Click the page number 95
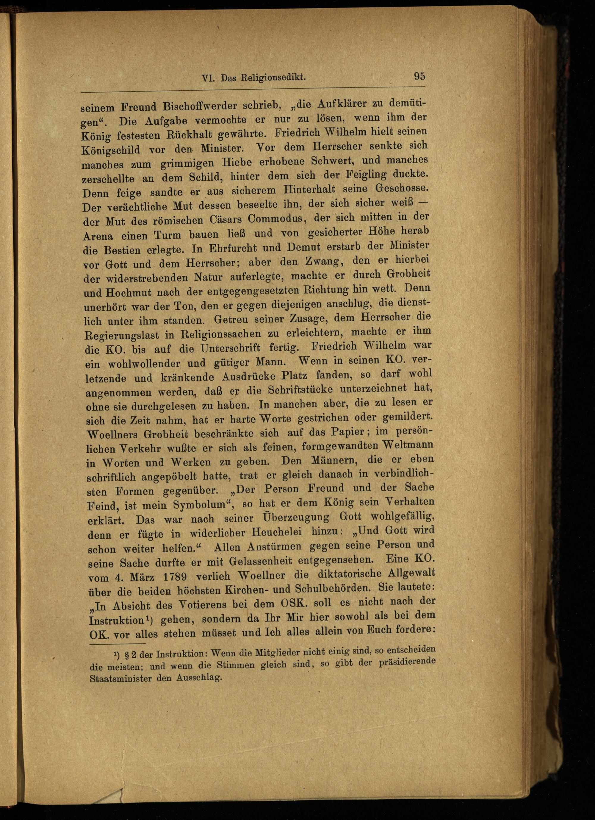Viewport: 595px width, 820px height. (x=419, y=77)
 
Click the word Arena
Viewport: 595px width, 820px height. (x=98, y=236)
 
